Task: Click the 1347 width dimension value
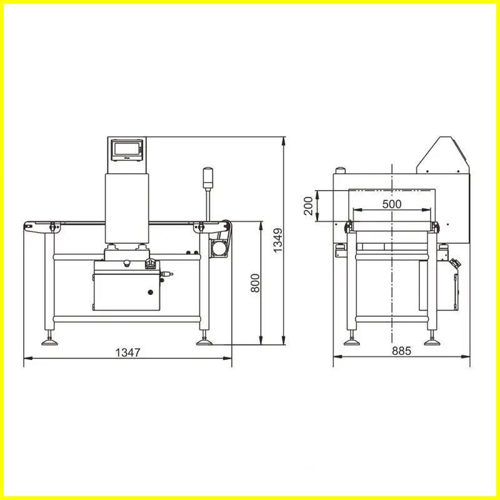point(128,352)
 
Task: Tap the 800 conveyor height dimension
point(255,282)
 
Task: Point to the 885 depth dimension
point(401,351)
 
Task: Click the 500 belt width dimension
point(391,204)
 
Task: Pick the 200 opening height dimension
point(308,205)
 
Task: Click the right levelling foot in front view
point(204,341)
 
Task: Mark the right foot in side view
point(431,341)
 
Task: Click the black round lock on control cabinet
point(150,291)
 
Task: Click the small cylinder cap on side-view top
point(341,169)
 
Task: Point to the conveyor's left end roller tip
point(27,225)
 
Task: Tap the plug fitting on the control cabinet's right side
point(167,274)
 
